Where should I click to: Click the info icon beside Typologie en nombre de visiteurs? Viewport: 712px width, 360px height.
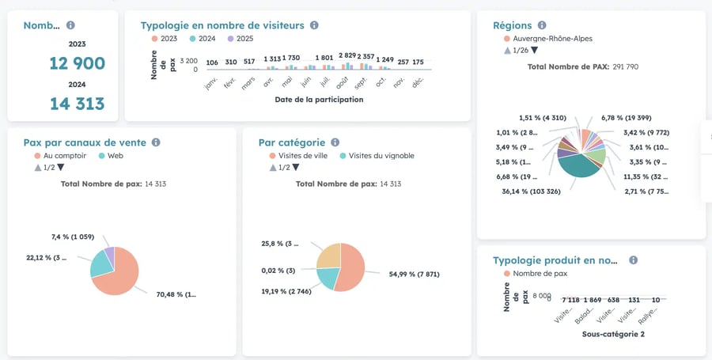pyautogui.click(x=314, y=25)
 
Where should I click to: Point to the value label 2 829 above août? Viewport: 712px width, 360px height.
pyautogui.click(x=347, y=55)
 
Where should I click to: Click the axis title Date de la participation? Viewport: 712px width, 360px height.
pyautogui.click(x=319, y=100)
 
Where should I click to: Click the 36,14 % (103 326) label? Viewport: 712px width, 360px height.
pyautogui.click(x=532, y=191)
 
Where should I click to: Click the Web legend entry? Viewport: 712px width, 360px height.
pyautogui.click(x=116, y=156)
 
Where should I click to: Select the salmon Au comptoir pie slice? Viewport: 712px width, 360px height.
pyautogui.click(x=119, y=273)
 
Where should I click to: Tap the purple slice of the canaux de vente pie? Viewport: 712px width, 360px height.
pyautogui.click(x=109, y=254)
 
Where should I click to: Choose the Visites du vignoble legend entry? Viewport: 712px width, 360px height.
pyautogui.click(x=381, y=156)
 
